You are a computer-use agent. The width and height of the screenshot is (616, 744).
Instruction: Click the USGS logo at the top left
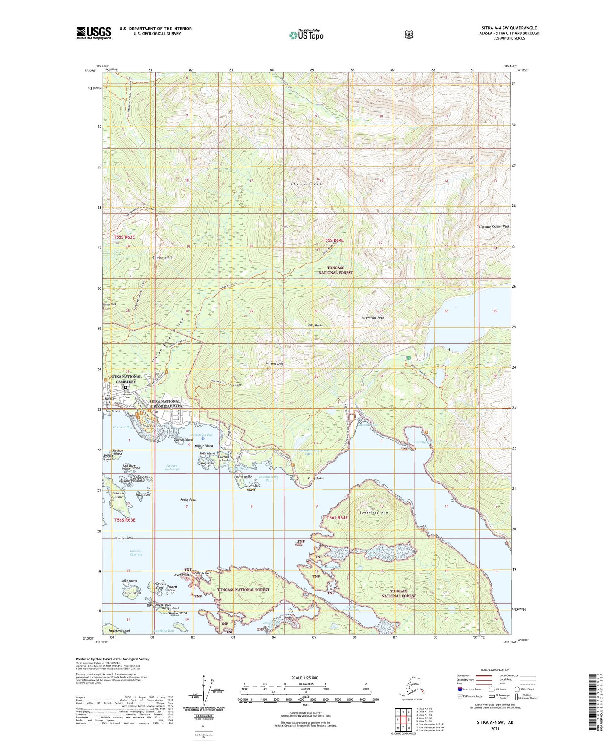tap(94, 33)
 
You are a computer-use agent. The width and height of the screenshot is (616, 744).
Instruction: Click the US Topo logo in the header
tap(307, 35)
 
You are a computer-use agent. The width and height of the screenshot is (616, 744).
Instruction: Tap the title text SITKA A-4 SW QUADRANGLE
tap(509, 28)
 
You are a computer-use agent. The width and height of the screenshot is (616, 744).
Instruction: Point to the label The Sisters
tap(306, 184)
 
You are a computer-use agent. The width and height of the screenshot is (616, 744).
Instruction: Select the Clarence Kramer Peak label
tap(494, 227)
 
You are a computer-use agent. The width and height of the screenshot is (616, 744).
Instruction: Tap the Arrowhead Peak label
tap(373, 318)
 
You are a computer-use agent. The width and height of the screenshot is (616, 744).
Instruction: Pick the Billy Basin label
tap(315, 325)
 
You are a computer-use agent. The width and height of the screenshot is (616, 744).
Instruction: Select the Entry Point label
tap(315, 479)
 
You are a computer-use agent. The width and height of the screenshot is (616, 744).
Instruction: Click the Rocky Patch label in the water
tap(188, 499)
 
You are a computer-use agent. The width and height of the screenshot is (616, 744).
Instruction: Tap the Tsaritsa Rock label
tap(124, 538)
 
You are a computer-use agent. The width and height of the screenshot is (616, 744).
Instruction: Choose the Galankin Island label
tap(118, 495)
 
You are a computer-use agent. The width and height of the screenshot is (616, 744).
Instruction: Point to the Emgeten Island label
tap(119, 631)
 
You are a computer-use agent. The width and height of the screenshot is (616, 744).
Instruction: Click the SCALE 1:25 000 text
tap(304, 678)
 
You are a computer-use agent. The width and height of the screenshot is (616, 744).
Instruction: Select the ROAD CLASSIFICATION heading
tap(495, 670)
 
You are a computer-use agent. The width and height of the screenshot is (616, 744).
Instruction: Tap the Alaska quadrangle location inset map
tap(411, 688)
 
